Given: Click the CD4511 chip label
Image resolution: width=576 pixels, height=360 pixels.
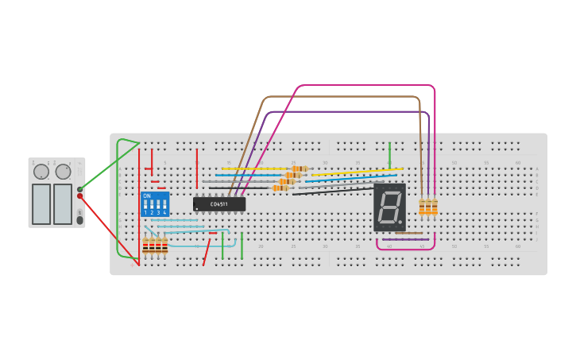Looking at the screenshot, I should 218,204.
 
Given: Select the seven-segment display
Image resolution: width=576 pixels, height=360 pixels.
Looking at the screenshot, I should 389,207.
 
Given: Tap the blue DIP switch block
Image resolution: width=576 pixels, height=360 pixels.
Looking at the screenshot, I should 155,203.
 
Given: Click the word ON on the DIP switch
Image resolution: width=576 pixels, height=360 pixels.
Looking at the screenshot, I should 147,195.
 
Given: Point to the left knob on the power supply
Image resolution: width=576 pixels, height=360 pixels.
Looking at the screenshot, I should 41,172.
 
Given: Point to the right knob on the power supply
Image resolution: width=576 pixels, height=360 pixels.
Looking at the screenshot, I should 63,172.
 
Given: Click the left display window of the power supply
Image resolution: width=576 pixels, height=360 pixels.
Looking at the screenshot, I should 41,203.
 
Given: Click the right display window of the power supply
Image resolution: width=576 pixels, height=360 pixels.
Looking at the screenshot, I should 63,203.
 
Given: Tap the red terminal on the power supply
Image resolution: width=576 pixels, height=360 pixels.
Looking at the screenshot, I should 80,196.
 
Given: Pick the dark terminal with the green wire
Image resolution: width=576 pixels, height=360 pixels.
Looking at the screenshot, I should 80,188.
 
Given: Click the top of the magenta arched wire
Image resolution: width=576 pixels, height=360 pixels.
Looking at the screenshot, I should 365,85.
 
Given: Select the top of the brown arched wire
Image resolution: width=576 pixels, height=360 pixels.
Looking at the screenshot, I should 342,97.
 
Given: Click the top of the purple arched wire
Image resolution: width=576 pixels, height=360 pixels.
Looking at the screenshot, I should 350,111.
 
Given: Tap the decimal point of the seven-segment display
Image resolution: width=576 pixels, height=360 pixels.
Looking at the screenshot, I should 400,222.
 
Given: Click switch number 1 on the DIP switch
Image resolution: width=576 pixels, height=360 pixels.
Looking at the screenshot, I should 145,206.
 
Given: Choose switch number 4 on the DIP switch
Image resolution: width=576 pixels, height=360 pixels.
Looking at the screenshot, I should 164,206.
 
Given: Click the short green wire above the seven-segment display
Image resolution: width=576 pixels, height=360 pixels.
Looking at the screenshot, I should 389,155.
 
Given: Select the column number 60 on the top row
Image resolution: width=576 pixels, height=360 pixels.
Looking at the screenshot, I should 517,163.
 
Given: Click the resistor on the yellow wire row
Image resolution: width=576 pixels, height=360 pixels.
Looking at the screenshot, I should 299,168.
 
